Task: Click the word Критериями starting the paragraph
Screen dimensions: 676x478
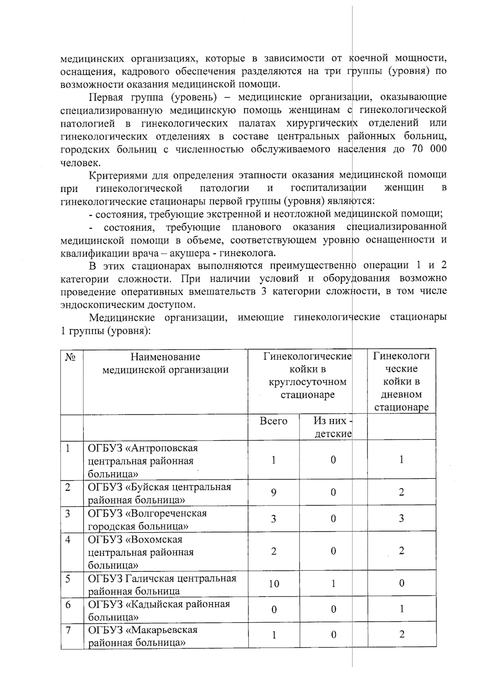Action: click(x=117, y=175)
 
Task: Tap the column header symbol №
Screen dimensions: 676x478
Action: click(x=71, y=357)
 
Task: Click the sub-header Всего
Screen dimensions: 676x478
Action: click(x=273, y=421)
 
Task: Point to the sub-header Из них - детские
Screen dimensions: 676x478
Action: click(x=333, y=427)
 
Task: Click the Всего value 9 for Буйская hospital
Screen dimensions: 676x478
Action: click(x=274, y=493)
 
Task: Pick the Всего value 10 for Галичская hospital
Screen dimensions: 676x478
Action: click(x=274, y=584)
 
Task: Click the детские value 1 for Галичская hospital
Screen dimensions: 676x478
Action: click(x=333, y=584)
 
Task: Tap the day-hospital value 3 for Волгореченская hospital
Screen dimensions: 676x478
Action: click(x=402, y=519)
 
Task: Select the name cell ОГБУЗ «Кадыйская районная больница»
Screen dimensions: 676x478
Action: click(x=159, y=610)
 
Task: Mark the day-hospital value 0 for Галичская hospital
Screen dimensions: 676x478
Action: click(x=402, y=584)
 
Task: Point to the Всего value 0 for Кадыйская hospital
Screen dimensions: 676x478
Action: click(x=274, y=610)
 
